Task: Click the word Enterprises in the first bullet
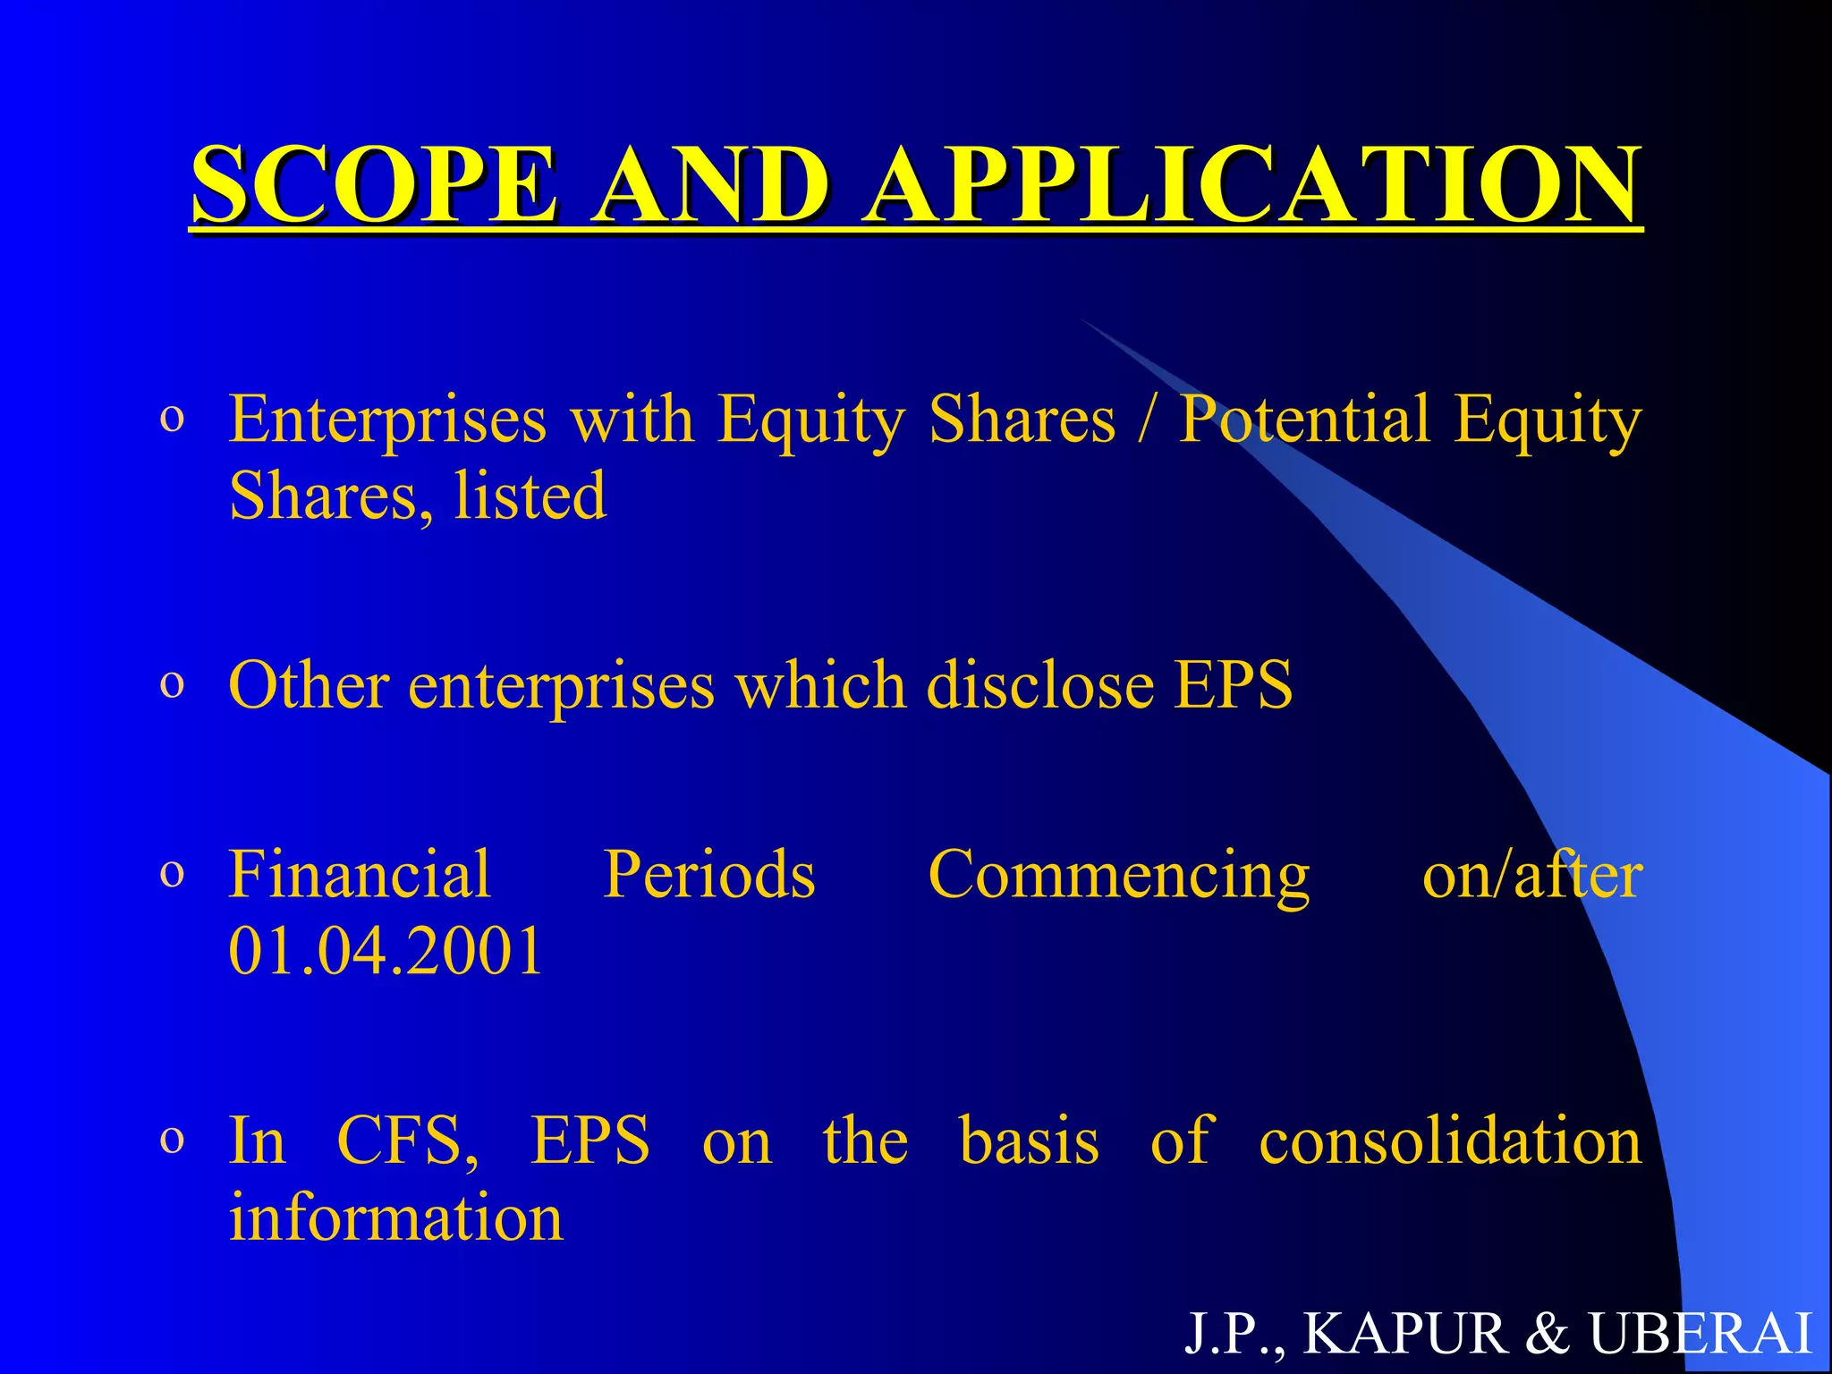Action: click(x=387, y=420)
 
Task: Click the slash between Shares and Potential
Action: click(x=1145, y=420)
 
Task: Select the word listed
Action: click(x=530, y=496)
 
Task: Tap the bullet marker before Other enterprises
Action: click(x=172, y=685)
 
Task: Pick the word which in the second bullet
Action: click(x=820, y=685)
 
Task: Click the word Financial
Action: click(x=360, y=874)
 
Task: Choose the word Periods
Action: click(x=709, y=874)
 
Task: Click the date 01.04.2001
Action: click(x=386, y=950)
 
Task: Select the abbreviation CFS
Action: click(x=407, y=1141)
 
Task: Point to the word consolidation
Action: click(x=1450, y=1141)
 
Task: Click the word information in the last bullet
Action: click(x=396, y=1218)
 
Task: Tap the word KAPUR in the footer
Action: click(x=1405, y=1334)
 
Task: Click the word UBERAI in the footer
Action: click(x=1700, y=1334)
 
